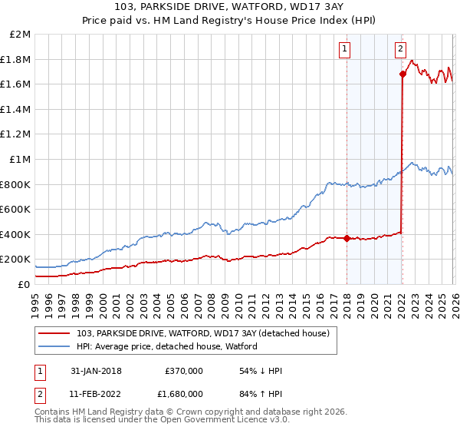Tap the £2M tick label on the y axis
coord(21,35)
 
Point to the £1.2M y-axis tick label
coord(16,134)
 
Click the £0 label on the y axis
coord(25,284)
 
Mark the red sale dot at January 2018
coord(347,238)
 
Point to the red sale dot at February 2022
coord(402,74)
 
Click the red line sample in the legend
coord(55,333)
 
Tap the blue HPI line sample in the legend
coord(55,346)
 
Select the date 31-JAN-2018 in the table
coord(96,371)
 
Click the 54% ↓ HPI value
coord(261,371)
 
